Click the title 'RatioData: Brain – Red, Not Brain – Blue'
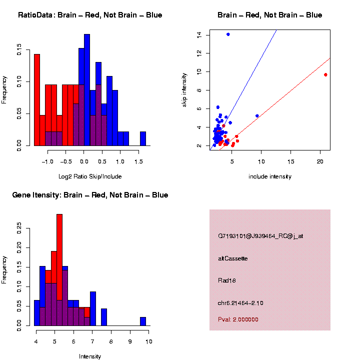click(x=90, y=15)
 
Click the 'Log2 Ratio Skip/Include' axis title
click(x=90, y=176)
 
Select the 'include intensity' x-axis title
click(x=269, y=176)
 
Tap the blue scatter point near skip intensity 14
click(x=228, y=34)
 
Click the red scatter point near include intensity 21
click(x=325, y=74)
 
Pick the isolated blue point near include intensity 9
click(x=257, y=115)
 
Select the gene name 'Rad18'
click(x=227, y=280)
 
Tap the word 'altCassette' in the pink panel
click(x=233, y=258)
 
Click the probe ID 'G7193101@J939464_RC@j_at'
click(x=260, y=236)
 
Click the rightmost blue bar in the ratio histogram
click(x=143, y=138)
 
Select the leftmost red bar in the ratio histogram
click(x=37, y=99)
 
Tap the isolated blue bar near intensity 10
click(x=143, y=321)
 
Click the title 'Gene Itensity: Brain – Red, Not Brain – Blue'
click(x=90, y=195)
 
